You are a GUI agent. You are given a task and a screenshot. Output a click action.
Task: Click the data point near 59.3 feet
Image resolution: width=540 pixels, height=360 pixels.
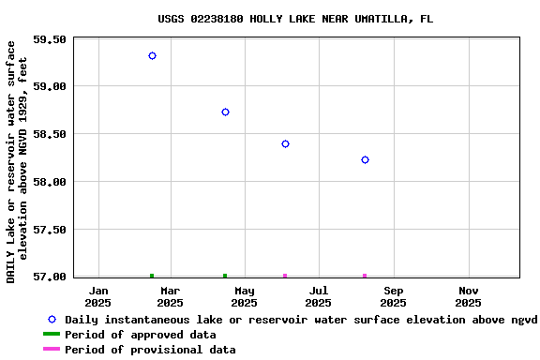pyautogui.click(x=152, y=56)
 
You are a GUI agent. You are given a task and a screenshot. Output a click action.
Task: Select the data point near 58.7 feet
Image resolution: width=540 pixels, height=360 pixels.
pyautogui.click(x=225, y=112)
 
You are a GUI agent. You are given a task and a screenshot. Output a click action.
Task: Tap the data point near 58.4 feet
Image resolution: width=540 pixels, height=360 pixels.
pyautogui.click(x=285, y=143)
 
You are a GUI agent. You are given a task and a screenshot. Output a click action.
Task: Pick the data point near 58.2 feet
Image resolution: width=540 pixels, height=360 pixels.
pyautogui.click(x=365, y=160)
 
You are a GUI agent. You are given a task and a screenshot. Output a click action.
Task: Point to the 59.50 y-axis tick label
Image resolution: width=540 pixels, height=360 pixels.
pyautogui.click(x=49, y=39)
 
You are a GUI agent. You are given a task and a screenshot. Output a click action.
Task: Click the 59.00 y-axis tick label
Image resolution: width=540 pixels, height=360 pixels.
pyautogui.click(x=49, y=86)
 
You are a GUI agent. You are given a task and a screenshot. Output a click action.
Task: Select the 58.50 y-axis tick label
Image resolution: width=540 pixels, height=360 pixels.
pyautogui.click(x=49, y=134)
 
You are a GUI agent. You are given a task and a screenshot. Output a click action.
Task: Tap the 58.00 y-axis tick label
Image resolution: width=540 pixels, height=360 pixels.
pyautogui.click(x=49, y=182)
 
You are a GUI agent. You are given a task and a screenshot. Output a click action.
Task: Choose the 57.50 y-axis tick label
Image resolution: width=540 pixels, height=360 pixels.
pyautogui.click(x=49, y=230)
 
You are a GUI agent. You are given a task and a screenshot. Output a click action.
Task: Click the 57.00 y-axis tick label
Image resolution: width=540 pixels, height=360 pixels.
pyautogui.click(x=49, y=277)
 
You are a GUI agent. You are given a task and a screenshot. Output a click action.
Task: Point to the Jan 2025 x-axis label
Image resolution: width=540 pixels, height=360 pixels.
pyautogui.click(x=98, y=296)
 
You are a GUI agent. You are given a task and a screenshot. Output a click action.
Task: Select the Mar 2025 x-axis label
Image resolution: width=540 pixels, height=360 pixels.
pyautogui.click(x=170, y=296)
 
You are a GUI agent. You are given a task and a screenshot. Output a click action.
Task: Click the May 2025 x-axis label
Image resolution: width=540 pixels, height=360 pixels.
pyautogui.click(x=244, y=296)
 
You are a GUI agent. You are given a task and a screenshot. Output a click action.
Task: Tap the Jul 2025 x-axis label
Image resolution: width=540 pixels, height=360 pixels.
pyautogui.click(x=318, y=296)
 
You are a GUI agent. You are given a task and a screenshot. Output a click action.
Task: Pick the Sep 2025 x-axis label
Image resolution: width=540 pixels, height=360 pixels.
pyautogui.click(x=393, y=296)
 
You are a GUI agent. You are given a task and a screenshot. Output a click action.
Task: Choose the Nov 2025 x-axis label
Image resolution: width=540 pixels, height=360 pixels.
pyautogui.click(x=468, y=296)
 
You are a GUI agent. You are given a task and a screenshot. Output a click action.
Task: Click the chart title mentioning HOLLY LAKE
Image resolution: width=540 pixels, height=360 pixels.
pyautogui.click(x=295, y=19)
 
